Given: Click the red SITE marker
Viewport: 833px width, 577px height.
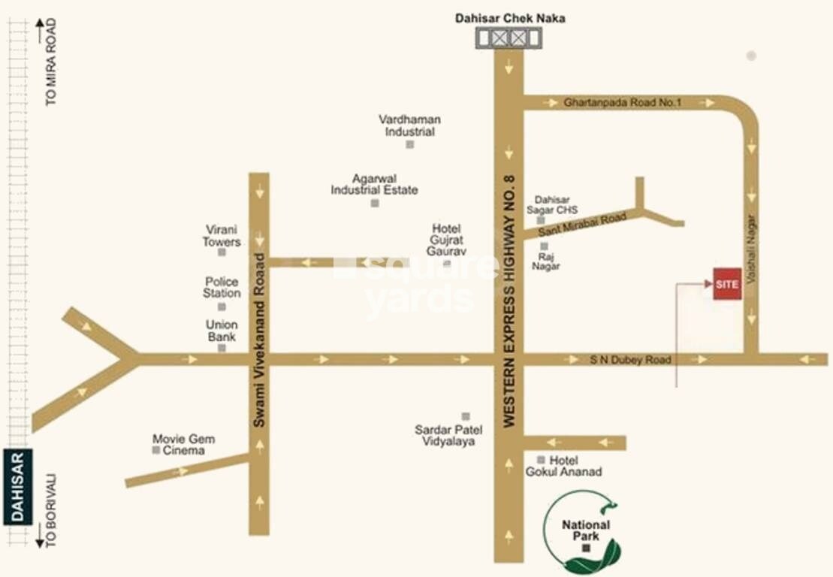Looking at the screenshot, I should point(727,284).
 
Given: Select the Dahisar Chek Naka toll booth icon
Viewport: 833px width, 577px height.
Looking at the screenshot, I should point(510,38).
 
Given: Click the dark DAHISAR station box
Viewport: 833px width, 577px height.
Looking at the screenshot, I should point(17,487).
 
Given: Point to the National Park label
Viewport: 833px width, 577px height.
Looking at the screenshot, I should point(586,530).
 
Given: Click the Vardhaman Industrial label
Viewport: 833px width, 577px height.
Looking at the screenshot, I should point(409,125).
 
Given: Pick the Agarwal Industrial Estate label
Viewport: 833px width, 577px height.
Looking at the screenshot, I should point(375,185).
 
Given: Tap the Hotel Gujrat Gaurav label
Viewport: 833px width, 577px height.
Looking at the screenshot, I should point(446,240).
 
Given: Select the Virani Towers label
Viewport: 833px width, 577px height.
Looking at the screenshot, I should point(222,236).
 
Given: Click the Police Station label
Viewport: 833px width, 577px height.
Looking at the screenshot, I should point(222,287).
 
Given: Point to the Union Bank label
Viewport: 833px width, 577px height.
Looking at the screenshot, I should point(222,331).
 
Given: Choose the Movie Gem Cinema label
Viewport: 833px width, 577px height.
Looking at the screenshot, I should point(183,445).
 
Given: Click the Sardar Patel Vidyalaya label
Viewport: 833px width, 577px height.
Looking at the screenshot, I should point(448,436).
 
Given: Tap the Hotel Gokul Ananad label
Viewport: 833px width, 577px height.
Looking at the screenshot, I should point(575,466).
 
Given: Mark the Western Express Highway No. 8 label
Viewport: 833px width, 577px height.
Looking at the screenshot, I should point(509,301).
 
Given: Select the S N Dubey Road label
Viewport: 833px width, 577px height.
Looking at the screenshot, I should point(630,361).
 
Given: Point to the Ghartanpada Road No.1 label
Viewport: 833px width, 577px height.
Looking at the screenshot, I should point(622,102).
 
